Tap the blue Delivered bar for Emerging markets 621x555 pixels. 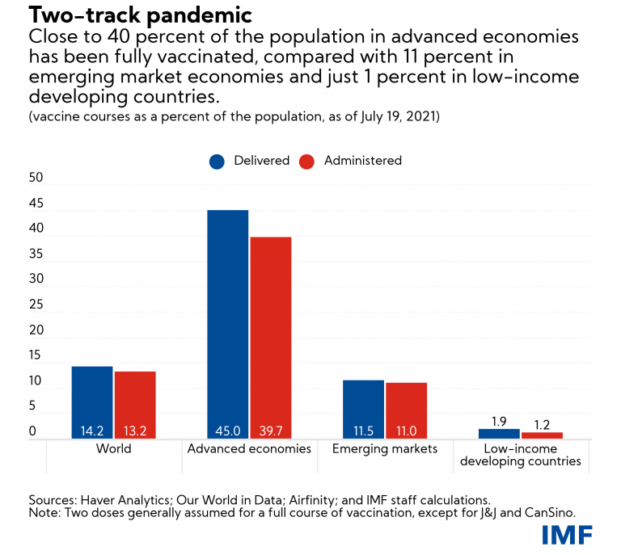[x=364, y=408]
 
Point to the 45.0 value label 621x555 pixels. [x=228, y=431]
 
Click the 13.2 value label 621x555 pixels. [x=135, y=431]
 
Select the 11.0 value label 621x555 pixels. [x=406, y=431]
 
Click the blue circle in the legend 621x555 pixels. [x=218, y=161]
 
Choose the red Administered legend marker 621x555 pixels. [x=306, y=161]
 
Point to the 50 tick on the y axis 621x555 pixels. [x=36, y=178]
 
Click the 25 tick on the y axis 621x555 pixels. [x=36, y=305]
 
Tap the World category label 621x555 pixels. [x=113, y=448]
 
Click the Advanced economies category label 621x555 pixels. [x=249, y=448]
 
